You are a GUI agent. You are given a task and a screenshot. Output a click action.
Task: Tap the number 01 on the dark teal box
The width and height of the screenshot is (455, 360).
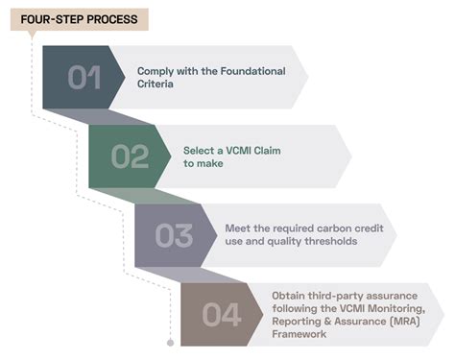[x=84, y=77]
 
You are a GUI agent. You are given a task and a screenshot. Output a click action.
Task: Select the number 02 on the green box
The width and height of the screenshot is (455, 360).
[x=131, y=156]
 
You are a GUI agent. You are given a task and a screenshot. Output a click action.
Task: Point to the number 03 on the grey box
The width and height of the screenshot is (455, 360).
[x=176, y=235]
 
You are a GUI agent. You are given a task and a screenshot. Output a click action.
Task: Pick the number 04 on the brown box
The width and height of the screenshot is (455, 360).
[x=222, y=314]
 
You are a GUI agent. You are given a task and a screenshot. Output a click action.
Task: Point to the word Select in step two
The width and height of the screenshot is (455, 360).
[x=199, y=150]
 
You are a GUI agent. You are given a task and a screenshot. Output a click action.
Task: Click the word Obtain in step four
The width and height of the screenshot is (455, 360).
[x=289, y=295]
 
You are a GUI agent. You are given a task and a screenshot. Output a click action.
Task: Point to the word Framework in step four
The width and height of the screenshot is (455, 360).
[x=300, y=335]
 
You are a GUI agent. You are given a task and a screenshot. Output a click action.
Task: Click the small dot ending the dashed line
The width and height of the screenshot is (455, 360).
[x=170, y=343]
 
